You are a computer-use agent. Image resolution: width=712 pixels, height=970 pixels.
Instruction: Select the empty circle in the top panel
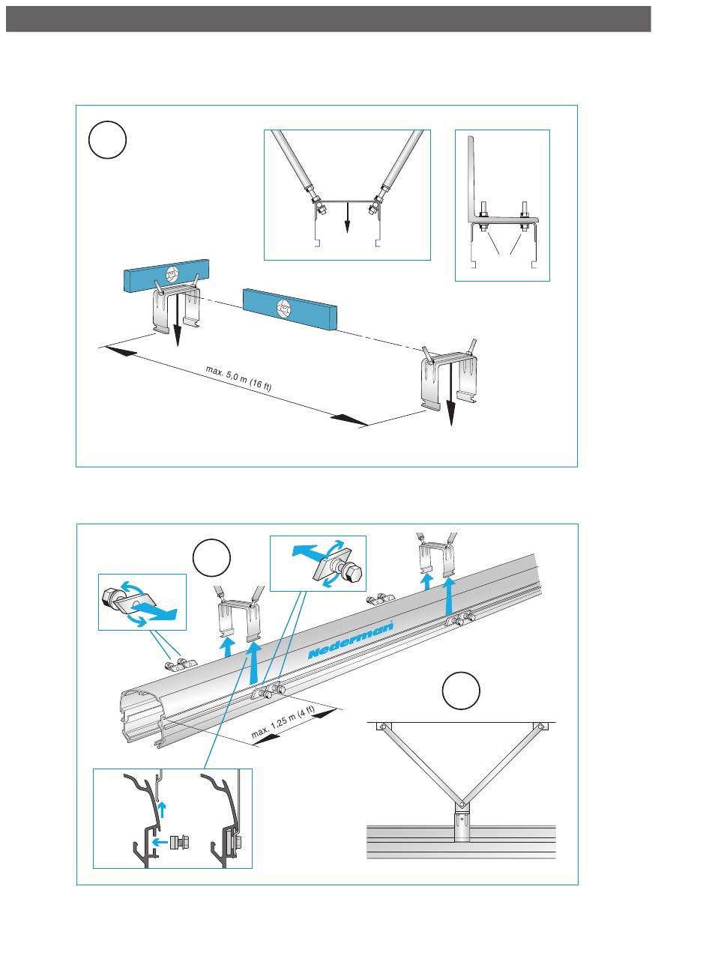tap(107, 140)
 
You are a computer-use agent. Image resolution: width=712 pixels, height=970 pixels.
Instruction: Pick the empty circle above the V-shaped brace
tap(461, 691)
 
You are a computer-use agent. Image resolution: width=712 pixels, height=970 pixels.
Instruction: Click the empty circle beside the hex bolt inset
tap(211, 559)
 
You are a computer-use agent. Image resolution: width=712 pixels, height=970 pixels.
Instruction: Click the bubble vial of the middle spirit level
tap(285, 306)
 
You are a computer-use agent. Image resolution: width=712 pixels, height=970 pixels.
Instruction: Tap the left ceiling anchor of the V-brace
tap(381, 727)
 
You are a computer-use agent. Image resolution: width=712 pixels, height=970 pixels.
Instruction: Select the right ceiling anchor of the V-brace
tap(539, 727)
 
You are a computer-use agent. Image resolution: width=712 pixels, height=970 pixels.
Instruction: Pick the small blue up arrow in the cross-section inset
tap(163, 807)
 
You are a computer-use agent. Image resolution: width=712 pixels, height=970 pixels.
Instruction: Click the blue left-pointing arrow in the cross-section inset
tap(159, 841)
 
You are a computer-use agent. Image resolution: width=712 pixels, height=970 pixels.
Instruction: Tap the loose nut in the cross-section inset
tap(178, 841)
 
